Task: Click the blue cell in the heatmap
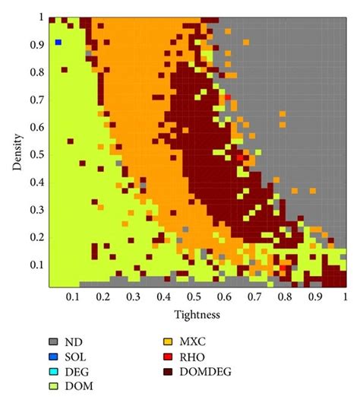point(58,42)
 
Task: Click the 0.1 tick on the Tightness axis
point(74,296)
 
